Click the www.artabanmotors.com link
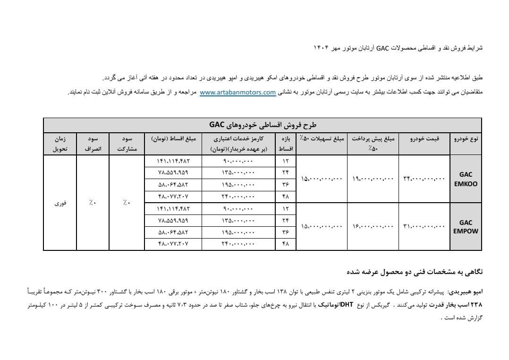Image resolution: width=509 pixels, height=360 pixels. point(238,93)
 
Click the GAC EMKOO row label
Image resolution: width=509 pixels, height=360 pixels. point(466,179)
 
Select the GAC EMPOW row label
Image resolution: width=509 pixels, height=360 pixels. point(466,227)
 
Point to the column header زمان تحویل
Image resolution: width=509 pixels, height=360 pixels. point(59,144)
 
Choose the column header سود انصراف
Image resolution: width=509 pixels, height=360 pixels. point(93,144)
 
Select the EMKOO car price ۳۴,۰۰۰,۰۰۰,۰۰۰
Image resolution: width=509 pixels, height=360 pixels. point(424,179)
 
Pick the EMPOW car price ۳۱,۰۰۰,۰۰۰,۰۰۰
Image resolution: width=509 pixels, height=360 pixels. point(424,227)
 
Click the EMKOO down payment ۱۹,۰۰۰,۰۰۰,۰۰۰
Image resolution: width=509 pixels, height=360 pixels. point(373,179)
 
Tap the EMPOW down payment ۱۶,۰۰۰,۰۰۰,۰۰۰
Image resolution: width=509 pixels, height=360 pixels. point(373,227)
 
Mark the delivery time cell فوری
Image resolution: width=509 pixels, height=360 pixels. point(59,203)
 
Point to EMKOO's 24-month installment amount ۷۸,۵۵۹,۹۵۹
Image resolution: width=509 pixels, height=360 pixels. point(173,173)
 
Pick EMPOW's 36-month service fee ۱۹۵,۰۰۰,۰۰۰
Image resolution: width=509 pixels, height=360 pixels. point(238,232)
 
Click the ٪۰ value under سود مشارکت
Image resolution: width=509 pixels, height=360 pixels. point(126,203)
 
